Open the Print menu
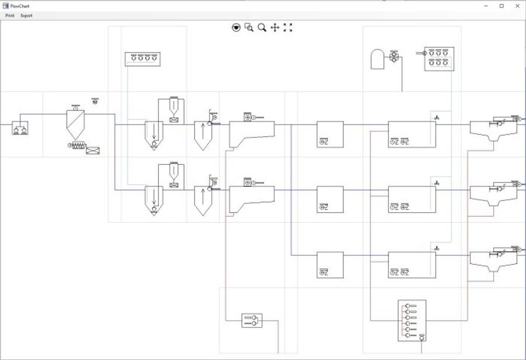pyautogui.click(x=9, y=16)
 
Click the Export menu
pyautogui.click(x=26, y=16)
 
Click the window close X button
pyautogui.click(x=517, y=5)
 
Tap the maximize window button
pyautogui.click(x=501, y=5)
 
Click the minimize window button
pyautogui.click(x=486, y=5)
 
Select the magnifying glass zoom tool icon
pyautogui.click(x=262, y=27)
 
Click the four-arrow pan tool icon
pyautogui.click(x=275, y=27)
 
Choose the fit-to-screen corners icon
pyautogui.click(x=288, y=27)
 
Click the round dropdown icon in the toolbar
pyautogui.click(x=236, y=27)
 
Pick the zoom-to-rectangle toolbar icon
pyautogui.click(x=249, y=27)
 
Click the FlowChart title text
pyautogui.click(x=20, y=5)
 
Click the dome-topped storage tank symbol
pyautogui.click(x=377, y=60)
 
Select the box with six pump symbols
pyautogui.click(x=439, y=59)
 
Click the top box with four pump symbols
pyautogui.click(x=143, y=58)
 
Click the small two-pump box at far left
pyautogui.click(x=20, y=126)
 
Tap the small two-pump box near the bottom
pyautogui.click(x=252, y=320)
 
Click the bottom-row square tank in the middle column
pyautogui.click(x=330, y=265)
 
